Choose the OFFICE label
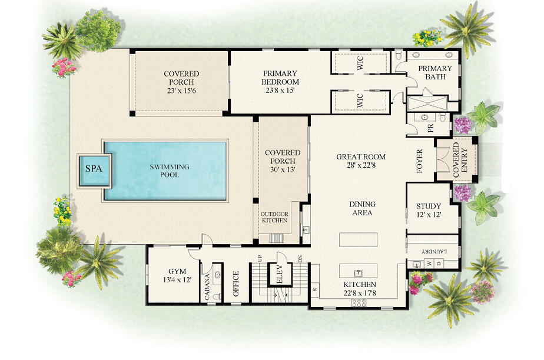[x=235, y=282]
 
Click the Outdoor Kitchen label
[x=274, y=217]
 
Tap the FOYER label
[x=420, y=158]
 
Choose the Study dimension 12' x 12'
[x=428, y=215]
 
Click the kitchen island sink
[x=357, y=272]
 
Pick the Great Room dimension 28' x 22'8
[x=361, y=165]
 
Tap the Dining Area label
[x=362, y=208]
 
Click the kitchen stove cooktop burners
[x=358, y=302]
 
